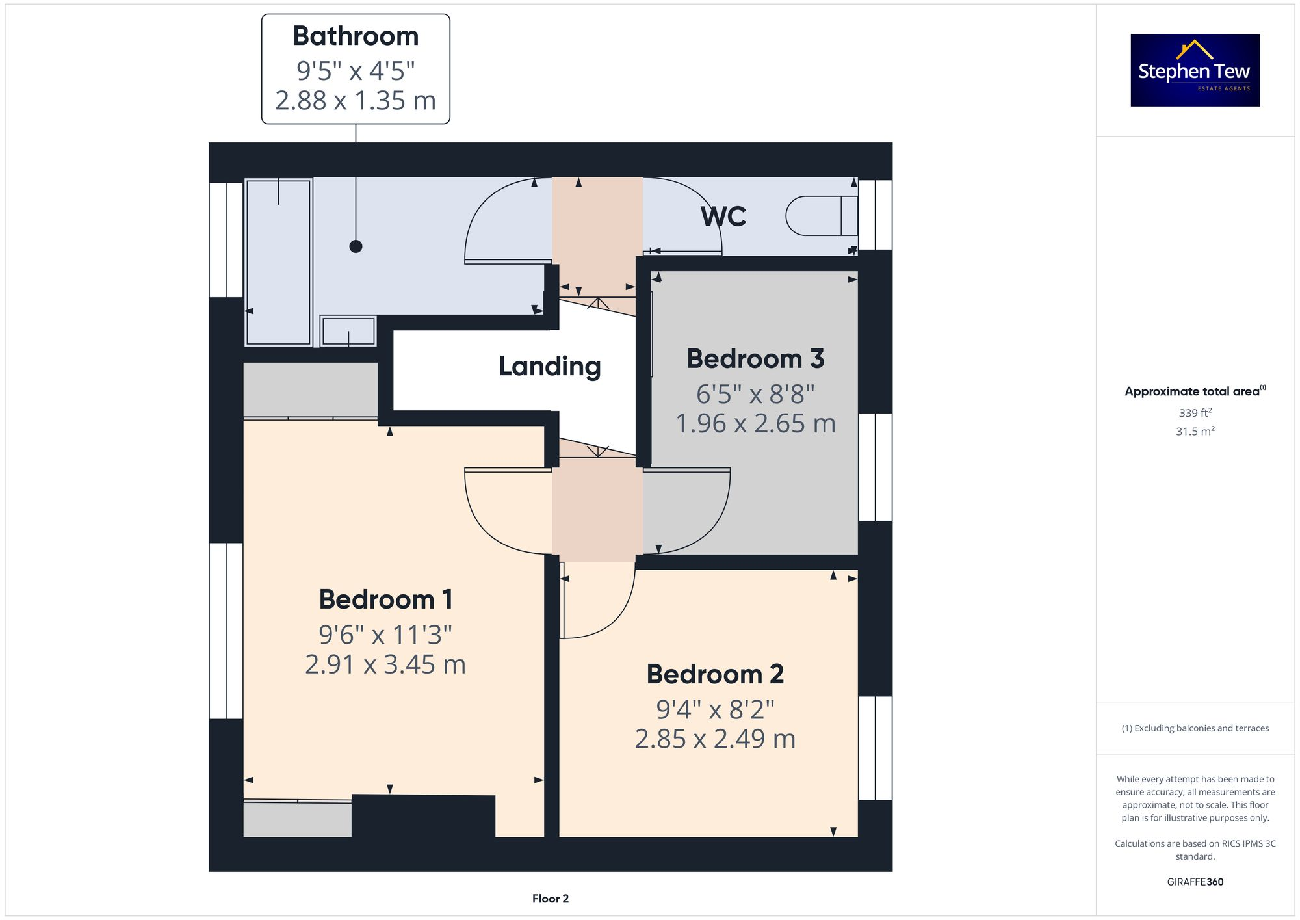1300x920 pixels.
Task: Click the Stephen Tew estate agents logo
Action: coord(1195,70)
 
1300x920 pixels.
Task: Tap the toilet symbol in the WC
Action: coord(820,216)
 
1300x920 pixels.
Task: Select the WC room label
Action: coord(723,217)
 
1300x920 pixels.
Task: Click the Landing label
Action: coord(549,367)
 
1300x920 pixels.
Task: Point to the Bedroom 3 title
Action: coord(755,359)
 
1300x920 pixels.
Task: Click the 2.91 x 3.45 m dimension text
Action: coord(385,664)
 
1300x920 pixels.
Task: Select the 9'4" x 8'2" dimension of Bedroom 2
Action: coord(715,710)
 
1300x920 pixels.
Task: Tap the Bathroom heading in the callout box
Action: coord(356,36)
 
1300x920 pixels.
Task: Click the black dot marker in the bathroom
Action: coord(356,246)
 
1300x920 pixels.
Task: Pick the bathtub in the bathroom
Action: coord(278,262)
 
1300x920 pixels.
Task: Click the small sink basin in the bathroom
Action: coord(348,331)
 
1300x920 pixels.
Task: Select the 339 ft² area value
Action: coord(1195,413)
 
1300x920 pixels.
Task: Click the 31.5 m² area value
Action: coord(1195,431)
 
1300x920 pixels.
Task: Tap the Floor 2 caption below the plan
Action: coord(550,899)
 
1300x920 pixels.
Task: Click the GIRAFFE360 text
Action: coord(1195,882)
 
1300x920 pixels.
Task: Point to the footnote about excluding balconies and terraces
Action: coord(1195,728)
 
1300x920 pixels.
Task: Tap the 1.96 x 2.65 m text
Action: coord(755,424)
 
